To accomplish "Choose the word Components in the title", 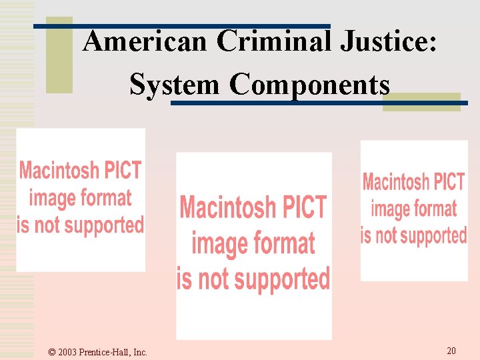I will tap(309, 85).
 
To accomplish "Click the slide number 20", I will tap(451, 351).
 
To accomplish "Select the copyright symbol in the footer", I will tap(53, 352).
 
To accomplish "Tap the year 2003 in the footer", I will tap(68, 352).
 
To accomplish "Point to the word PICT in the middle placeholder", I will tap(303, 207).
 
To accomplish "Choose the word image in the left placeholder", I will tap(53, 197).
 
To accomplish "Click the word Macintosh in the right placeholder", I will tap(395, 181).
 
